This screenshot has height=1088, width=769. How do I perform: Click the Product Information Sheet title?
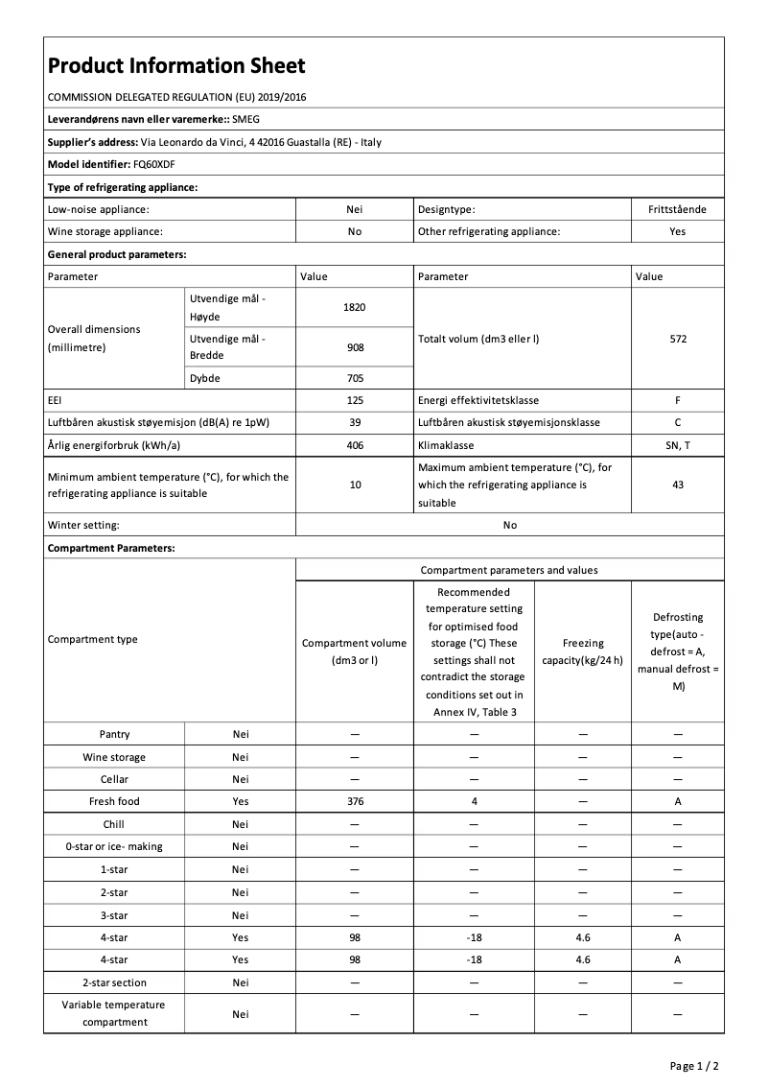176,65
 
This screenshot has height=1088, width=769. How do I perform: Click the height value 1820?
355,308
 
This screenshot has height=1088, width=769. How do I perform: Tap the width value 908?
355,347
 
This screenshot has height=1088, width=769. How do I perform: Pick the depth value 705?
355,378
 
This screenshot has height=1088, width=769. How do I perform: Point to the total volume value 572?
678,339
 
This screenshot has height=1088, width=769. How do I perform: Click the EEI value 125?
355,400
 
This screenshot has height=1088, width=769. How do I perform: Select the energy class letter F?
678,400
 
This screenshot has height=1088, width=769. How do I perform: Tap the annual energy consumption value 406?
355,446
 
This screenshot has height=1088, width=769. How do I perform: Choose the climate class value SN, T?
678,446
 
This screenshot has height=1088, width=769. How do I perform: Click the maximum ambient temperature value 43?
678,485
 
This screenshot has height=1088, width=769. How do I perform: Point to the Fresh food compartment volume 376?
355,801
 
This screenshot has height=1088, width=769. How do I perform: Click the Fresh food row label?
114,801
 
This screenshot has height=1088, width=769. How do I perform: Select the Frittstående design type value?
678,208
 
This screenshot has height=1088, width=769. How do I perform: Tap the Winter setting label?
83,525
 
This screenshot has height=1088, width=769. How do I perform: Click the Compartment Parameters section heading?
111,548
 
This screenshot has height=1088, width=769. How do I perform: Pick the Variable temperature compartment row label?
114,1013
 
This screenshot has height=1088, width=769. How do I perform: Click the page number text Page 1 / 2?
694,1066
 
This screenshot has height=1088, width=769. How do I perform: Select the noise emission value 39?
355,423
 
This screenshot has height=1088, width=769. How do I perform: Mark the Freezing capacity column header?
583,651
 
